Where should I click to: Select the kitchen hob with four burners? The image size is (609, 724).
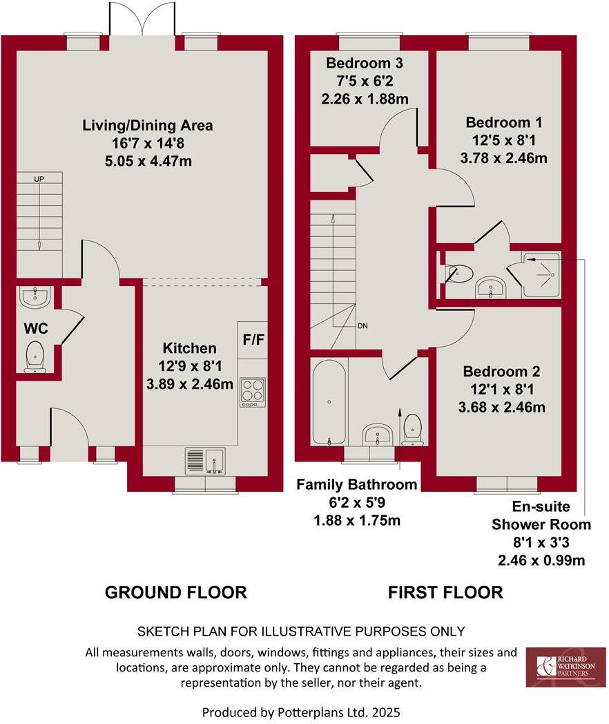click(252, 392)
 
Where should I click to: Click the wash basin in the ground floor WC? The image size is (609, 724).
click(35, 298)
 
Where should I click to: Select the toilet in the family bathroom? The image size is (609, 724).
click(414, 428)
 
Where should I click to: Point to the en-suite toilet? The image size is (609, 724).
click(458, 274)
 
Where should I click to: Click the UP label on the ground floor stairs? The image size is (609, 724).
click(39, 179)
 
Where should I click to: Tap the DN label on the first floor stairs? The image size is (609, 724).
click(362, 325)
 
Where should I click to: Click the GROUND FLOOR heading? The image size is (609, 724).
click(175, 592)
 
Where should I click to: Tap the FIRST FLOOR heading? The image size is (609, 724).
click(445, 592)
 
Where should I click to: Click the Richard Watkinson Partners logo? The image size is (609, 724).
click(565, 667)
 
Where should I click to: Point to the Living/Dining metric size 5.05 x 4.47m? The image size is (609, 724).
click(148, 162)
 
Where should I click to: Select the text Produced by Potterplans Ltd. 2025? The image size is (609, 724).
click(301, 711)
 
